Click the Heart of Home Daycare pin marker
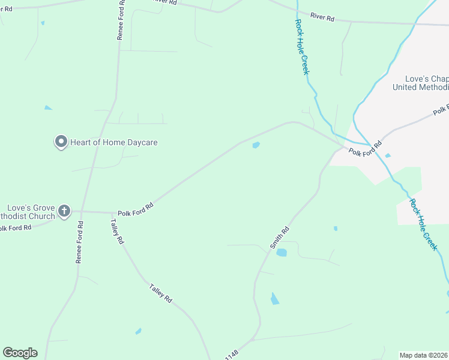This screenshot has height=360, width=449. click(61, 142)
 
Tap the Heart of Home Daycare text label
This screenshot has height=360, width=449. click(113, 143)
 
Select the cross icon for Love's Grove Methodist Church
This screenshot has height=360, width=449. click(64, 211)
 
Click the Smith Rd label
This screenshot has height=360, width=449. click(280, 238)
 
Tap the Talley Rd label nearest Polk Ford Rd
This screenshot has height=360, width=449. click(116, 231)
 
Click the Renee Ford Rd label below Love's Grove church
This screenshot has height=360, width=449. click(79, 242)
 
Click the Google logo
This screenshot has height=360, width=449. click(20, 353)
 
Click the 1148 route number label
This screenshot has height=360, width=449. click(232, 355)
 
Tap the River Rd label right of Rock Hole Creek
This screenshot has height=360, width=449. click(322, 18)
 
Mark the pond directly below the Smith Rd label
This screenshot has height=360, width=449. click(281, 253)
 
